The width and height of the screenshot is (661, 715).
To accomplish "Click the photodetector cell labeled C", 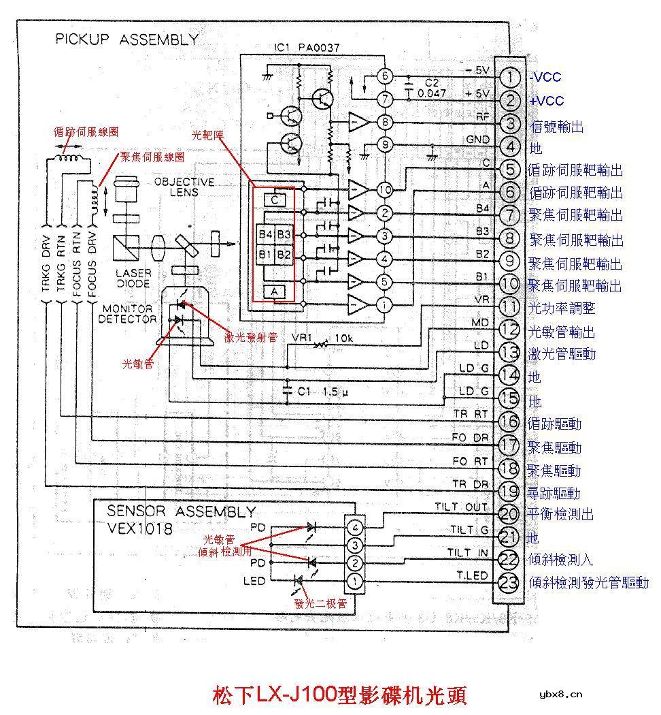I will tap(274, 200).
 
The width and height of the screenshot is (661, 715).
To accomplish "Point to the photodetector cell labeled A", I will tap(274, 291).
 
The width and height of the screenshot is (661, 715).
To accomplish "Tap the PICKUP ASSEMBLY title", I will tap(126, 39).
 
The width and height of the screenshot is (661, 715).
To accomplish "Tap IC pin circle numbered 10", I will tap(385, 189).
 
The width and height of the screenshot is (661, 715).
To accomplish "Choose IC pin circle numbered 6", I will tap(386, 76).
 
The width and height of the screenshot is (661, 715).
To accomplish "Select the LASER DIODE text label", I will tap(133, 277).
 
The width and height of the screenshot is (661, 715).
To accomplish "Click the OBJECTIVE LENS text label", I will tap(184, 187).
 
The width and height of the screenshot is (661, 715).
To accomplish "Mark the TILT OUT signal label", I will tap(461, 507).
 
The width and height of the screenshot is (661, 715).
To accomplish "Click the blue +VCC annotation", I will tap(547, 101).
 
